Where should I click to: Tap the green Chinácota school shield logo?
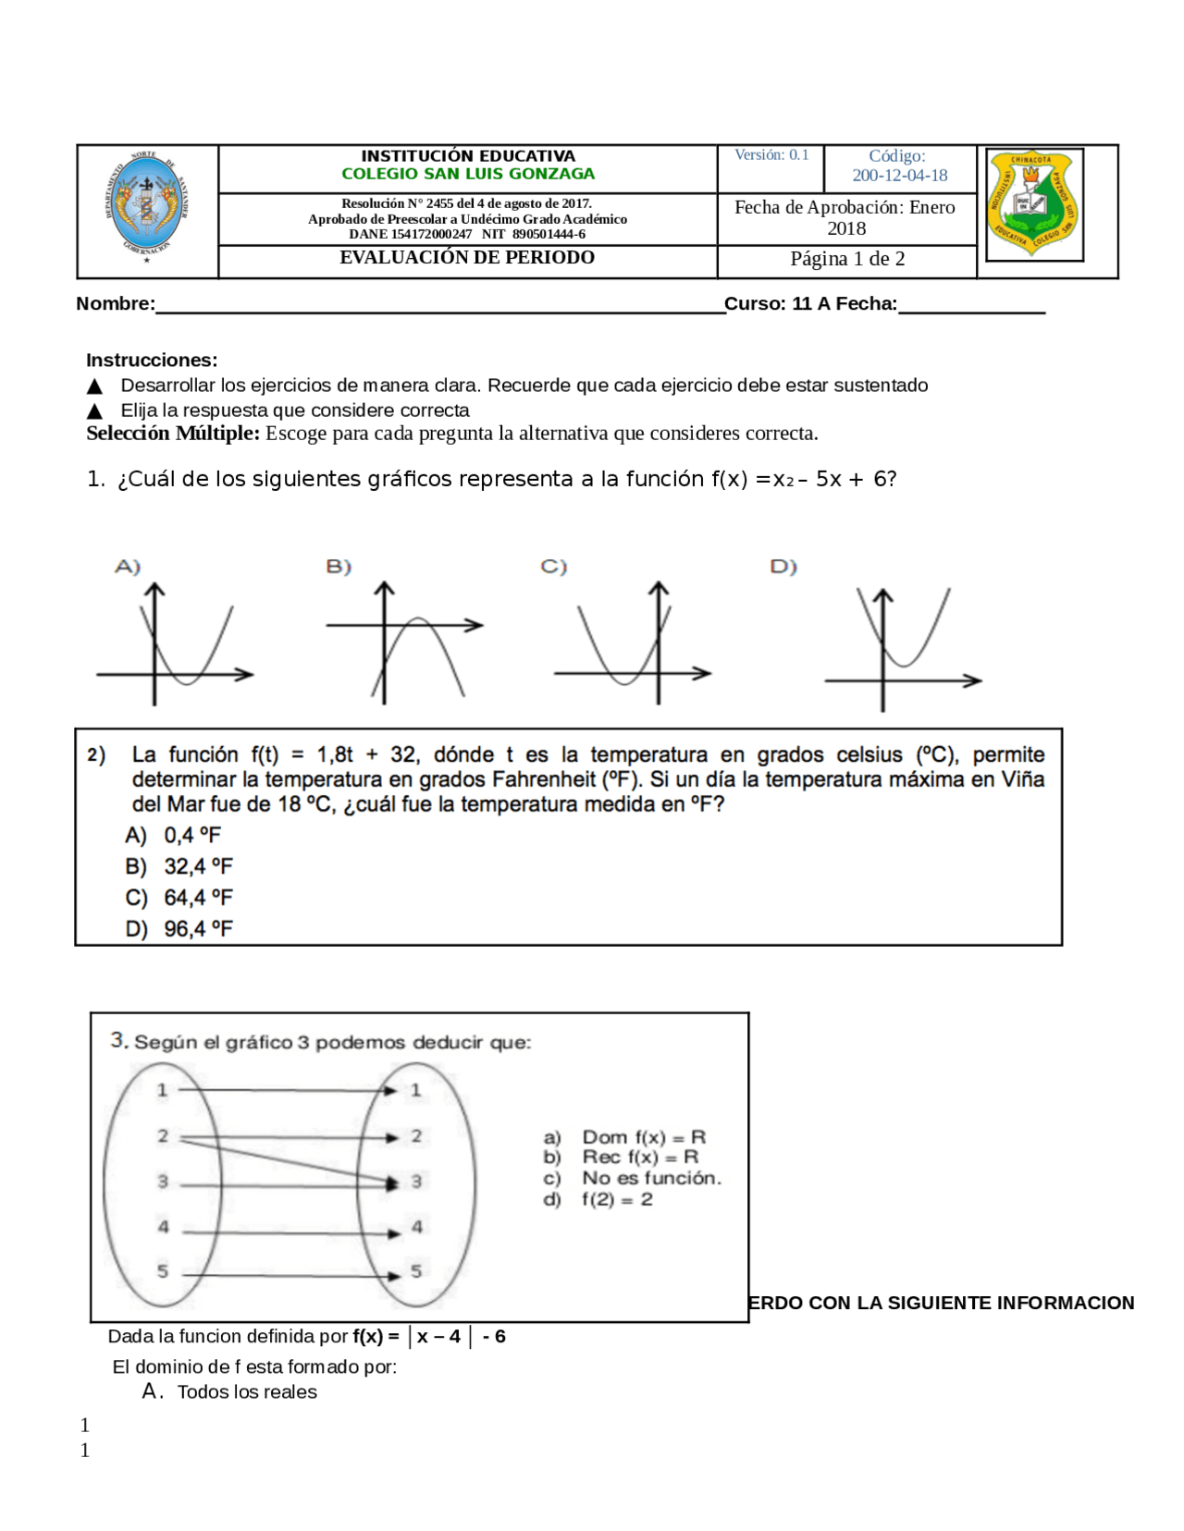point(1031,204)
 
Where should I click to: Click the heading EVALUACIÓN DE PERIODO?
point(467,258)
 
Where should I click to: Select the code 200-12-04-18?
point(899,176)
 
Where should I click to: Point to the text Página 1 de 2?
point(847,259)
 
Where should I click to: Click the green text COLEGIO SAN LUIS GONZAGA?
point(468,174)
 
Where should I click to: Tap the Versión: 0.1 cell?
point(771,155)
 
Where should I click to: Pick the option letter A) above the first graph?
point(128,566)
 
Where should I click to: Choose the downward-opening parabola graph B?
point(407,643)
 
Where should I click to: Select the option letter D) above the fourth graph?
point(783,566)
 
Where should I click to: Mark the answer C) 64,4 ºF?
point(179,898)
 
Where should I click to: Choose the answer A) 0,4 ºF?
point(174,836)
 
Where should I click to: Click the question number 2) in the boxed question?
point(96,755)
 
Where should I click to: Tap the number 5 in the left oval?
point(163,1271)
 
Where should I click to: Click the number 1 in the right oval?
point(416,1090)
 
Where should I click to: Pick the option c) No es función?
point(633,1179)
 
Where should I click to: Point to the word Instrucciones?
point(152,361)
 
